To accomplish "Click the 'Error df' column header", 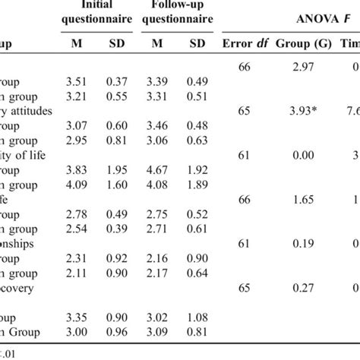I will click(x=246, y=44).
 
